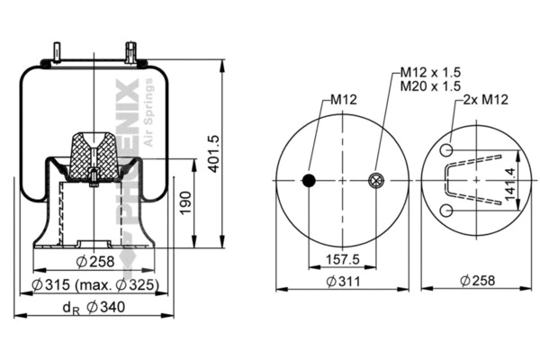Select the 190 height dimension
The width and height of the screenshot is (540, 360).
184,202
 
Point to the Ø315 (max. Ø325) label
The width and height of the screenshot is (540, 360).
94,285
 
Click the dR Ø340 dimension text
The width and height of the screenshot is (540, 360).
94,309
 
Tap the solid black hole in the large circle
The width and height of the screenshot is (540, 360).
309,181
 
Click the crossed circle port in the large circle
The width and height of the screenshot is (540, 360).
376,181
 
